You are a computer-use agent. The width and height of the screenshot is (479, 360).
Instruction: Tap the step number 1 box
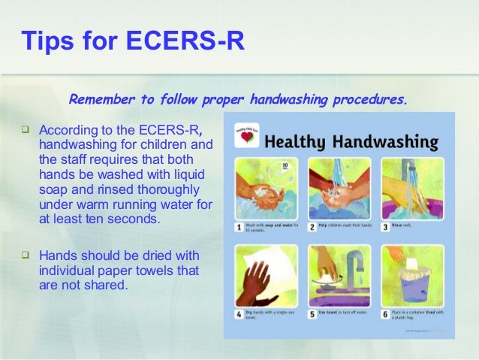(238, 226)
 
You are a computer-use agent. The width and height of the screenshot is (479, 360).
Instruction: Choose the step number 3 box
(384, 226)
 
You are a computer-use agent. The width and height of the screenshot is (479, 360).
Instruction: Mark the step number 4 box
(238, 314)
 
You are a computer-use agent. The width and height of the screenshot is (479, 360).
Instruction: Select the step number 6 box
(384, 314)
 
